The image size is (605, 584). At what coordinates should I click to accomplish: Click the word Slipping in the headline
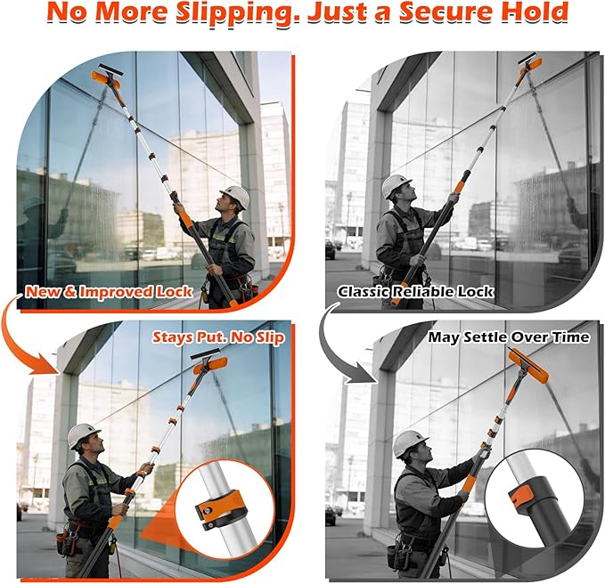coord(238,12)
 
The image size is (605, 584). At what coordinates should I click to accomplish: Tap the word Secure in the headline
coord(444,12)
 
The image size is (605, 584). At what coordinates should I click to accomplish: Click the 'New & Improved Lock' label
coord(109,291)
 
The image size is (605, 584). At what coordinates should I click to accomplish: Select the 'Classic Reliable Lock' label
coord(415,291)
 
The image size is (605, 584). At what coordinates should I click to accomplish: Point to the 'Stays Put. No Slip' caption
coord(218,337)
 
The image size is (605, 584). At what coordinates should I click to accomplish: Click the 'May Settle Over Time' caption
coord(509,337)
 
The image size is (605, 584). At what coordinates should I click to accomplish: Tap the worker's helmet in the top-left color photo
coord(235,196)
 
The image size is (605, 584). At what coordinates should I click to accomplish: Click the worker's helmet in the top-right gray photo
coord(396,185)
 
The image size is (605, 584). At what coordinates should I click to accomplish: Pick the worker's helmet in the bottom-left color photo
coord(82,434)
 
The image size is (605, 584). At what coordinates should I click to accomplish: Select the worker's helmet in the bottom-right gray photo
coord(409,442)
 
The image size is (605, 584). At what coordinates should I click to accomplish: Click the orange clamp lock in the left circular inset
coord(221,509)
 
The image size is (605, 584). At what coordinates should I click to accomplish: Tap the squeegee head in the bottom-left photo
coord(209,362)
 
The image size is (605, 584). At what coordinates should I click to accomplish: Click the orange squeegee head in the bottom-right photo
coord(527,365)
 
